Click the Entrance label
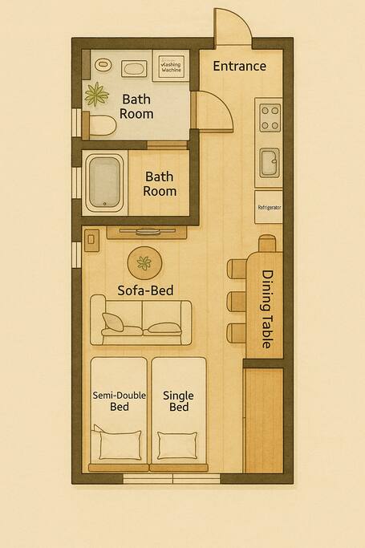(240, 66)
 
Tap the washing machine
(171, 66)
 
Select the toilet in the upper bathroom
(100, 125)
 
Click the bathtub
(104, 182)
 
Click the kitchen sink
(270, 163)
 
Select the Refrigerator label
(270, 207)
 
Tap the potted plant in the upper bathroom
(97, 95)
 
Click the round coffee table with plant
(144, 263)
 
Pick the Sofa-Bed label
(145, 290)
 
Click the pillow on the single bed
(177, 445)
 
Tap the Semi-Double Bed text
(120, 401)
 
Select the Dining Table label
(267, 309)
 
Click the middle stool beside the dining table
(237, 301)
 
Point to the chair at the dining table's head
(267, 243)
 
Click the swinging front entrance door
(232, 27)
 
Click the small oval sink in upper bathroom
(103, 65)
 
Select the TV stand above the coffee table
(147, 233)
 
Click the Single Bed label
(178, 401)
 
